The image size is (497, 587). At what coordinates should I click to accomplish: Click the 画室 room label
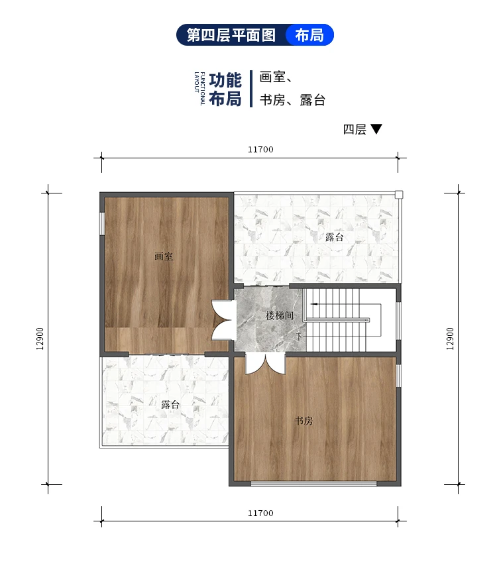coord(164,256)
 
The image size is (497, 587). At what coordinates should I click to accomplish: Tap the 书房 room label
coord(304,421)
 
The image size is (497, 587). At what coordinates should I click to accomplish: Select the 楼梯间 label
coord(280,316)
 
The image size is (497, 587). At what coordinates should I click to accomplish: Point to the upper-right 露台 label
coord(335,237)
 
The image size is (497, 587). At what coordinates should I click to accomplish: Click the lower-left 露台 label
coord(170,404)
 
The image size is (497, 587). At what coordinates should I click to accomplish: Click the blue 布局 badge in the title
coord(309,35)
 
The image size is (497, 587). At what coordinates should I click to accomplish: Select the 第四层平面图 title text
coord(231,35)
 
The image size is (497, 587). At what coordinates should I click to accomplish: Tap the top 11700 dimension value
coord(260,150)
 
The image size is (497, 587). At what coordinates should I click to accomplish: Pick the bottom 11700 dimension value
coord(260,513)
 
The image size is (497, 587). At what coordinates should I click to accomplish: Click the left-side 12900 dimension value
coord(40,339)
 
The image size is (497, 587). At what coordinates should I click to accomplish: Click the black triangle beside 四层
coord(376,129)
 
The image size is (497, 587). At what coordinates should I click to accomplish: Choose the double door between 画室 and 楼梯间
coord(221,321)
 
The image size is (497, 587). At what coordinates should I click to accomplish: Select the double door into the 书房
coord(264,364)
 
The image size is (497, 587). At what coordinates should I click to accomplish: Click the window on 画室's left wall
coord(102,223)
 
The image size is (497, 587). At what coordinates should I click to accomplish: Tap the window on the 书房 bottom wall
coord(315,484)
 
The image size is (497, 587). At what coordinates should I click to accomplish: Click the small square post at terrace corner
coord(398,195)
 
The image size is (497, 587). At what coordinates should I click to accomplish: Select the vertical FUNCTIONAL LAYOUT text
coord(199,89)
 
